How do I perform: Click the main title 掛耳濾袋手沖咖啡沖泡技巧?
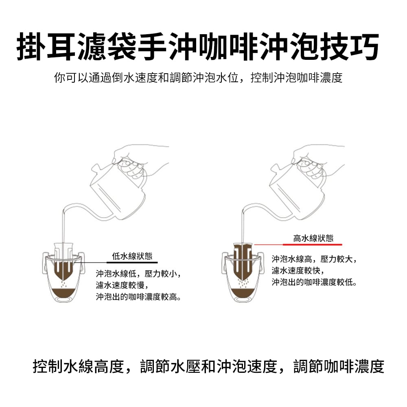coord(198,46)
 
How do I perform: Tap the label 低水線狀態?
coord(132,256)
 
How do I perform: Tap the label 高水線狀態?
coord(313,238)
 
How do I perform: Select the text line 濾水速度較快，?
coord(298,271)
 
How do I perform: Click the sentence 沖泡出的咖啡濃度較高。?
coord(138,297)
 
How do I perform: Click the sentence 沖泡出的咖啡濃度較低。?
coord(314,282)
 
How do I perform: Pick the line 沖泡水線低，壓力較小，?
coord(138,274)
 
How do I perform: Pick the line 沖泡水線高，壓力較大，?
coord(314,259)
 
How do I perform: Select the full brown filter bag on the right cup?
coord(243,260)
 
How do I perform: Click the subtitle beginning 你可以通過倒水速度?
coord(198,77)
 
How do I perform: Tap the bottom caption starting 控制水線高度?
coord(208,366)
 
